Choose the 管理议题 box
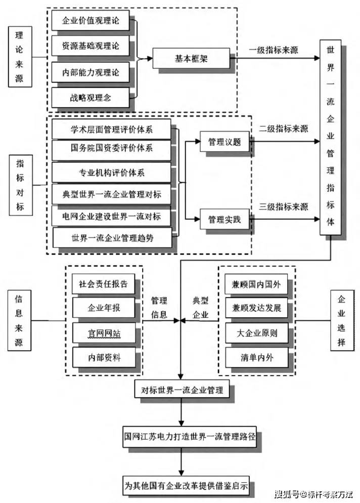[224, 143]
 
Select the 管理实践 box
[224, 220]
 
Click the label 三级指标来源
[284, 207]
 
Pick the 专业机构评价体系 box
[112, 173]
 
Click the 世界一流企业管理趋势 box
[112, 237]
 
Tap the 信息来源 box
[19, 320]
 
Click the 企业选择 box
[342, 320]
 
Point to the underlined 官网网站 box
[104, 333]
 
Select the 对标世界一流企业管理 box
[184, 390]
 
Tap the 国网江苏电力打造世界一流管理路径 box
[190, 436]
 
